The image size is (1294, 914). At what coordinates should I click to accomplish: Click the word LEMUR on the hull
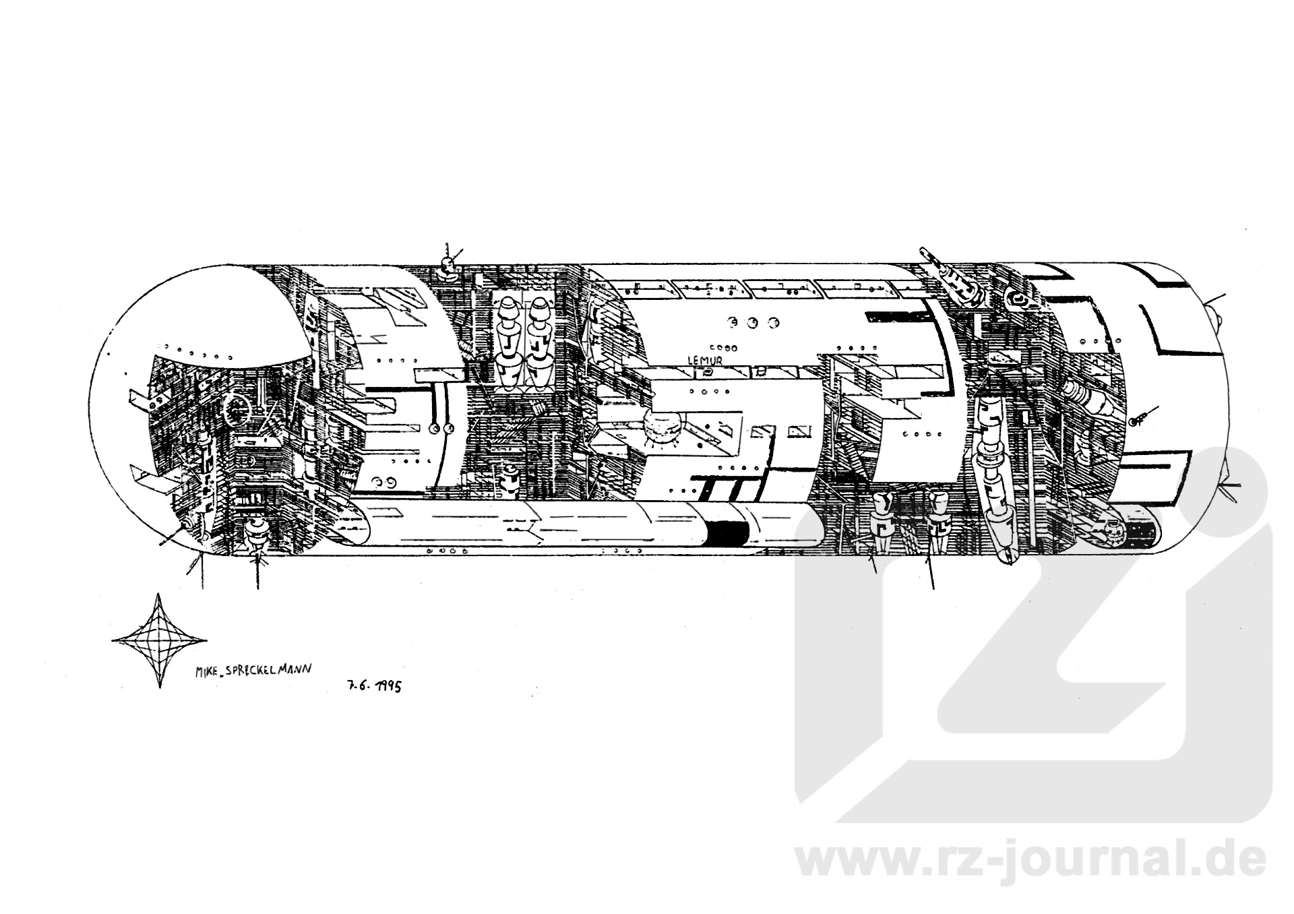click(x=704, y=361)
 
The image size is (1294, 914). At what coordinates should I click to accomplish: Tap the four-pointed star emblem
click(x=159, y=640)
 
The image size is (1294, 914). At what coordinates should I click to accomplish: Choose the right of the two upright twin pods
click(x=540, y=344)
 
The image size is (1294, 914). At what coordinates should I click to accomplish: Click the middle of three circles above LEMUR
click(x=753, y=323)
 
